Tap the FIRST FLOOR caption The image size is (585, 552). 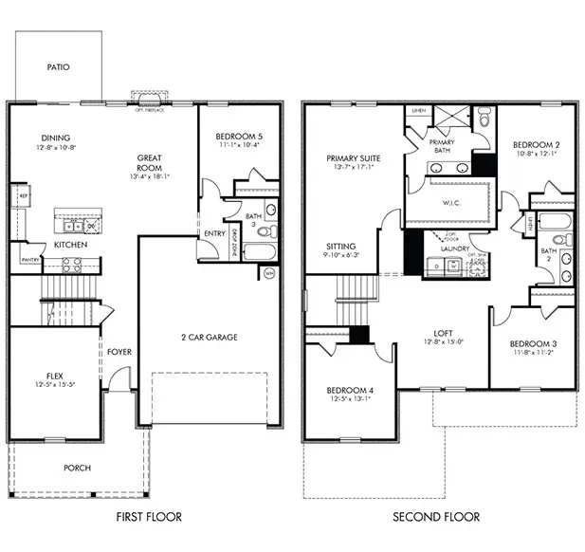pos(149,517)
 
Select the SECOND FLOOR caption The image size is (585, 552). pos(436,517)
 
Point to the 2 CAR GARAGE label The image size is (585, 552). pos(209,337)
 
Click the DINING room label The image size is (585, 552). pos(56,137)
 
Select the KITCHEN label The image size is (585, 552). pos(71,245)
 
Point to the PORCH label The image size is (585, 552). pos(78,468)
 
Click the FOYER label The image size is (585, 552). pos(119,352)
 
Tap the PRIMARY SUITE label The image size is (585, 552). pos(353,158)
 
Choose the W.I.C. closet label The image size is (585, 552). pos(451,202)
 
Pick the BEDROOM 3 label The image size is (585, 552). pos(532,343)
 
